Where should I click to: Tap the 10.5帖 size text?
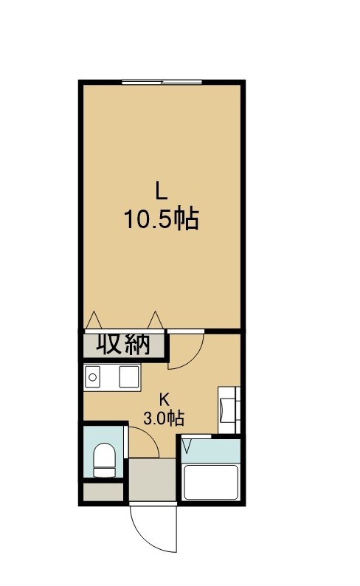pos(161,219)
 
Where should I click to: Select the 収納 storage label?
pos(123,343)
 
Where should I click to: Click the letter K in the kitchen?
pos(164,399)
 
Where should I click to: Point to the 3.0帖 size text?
pos(164,418)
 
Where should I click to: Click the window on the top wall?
pos(162,82)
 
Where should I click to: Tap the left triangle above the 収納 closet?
pos(94,320)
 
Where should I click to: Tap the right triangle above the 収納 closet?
pos(156,320)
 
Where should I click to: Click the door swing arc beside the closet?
pos(195,360)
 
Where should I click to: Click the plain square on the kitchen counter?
pos(129,376)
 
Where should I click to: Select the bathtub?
pos(212,482)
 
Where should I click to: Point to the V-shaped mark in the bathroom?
pos(187,445)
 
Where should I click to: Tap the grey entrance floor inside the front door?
pos(153,480)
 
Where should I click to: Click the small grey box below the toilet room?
pos(103,492)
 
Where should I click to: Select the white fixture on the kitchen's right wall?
pos(229,410)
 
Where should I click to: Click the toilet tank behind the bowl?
pos(104,472)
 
